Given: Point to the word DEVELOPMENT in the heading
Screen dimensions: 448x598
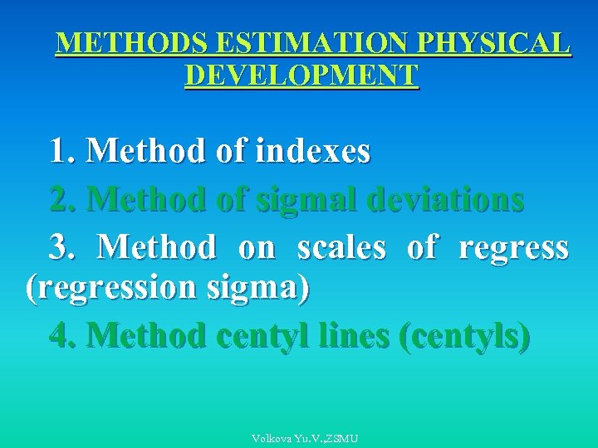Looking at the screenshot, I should (x=302, y=75).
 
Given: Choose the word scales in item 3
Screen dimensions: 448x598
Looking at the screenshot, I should (x=341, y=248).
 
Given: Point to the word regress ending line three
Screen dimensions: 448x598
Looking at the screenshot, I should (x=513, y=248).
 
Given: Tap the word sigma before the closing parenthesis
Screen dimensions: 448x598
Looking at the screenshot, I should (x=263, y=288).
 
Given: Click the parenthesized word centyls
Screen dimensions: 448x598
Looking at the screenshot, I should (x=465, y=336).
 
